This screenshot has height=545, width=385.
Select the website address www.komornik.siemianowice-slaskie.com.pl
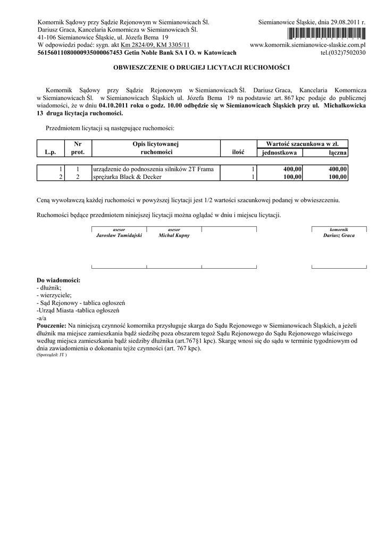(308, 45)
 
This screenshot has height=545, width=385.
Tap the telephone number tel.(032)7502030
(343, 53)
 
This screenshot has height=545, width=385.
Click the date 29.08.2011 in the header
(343, 23)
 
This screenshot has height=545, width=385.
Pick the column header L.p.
(51, 152)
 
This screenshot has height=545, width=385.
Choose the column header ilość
(238, 152)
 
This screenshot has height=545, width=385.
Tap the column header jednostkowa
(280, 153)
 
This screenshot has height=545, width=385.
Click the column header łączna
(338, 153)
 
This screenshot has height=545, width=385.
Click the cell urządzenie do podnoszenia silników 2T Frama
(153, 169)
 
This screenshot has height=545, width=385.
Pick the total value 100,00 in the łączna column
(338, 177)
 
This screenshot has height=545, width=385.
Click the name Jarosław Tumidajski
(119, 235)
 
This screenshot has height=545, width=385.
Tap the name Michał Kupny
(174, 235)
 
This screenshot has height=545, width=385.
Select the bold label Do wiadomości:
(58, 280)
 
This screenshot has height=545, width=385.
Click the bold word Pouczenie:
(52, 324)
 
